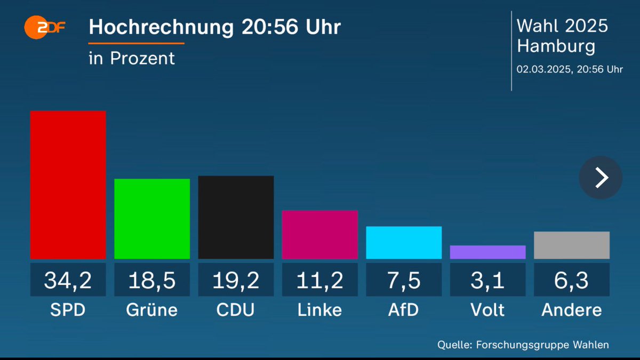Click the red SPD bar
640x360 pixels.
pos(68,185)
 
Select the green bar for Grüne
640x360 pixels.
pos(152,219)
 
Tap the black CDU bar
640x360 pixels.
pos(236,217)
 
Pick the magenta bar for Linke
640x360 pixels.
pos(319,235)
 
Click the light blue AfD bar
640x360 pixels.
pos(404,243)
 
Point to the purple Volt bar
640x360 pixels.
pos(487,252)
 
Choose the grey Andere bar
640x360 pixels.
pos(572,245)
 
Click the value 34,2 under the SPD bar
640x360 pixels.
pos(68,280)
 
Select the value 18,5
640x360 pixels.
pos(152,280)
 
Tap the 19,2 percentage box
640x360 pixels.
pos(236,280)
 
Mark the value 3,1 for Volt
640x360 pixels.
pos(487,280)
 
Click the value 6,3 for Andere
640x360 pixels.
pos(572,280)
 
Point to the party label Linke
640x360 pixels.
pos(319,310)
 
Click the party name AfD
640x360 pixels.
pos(404,310)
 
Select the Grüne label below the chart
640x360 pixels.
pos(152,310)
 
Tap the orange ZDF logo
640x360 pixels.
pos(44,27)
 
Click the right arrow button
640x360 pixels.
pos(601,178)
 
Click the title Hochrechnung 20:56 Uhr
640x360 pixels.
pos(214,28)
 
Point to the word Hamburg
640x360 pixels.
pos(556,46)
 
